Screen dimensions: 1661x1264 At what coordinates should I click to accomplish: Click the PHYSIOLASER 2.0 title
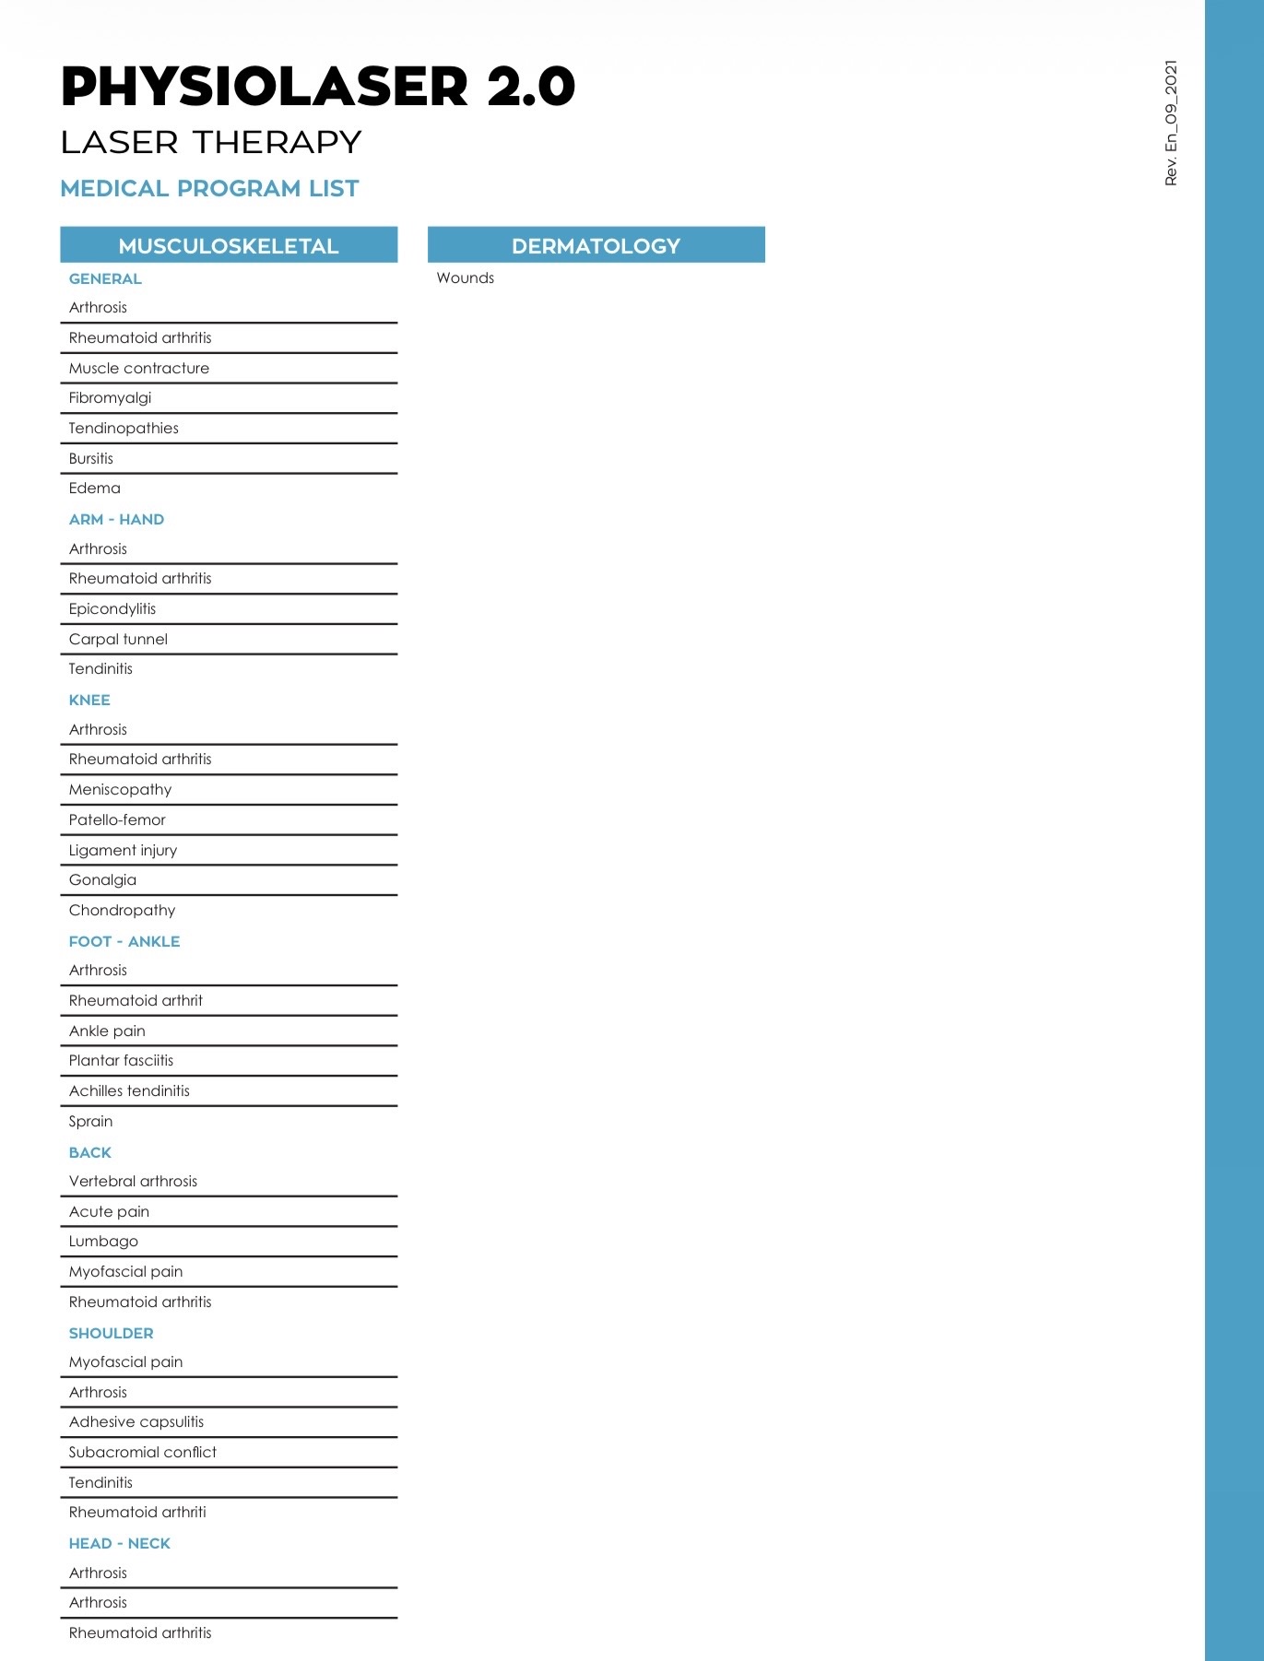click(317, 87)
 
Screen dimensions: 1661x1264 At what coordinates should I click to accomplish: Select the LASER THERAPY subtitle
click(210, 143)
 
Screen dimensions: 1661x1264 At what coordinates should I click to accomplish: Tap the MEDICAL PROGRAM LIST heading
click(209, 189)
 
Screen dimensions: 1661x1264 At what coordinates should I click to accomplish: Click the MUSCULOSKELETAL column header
click(229, 246)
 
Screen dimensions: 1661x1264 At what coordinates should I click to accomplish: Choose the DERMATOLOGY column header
click(596, 246)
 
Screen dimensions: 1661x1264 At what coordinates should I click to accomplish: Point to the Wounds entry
click(465, 278)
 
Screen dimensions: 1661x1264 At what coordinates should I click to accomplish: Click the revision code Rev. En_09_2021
click(1171, 124)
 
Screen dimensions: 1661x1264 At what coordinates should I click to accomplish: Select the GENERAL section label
click(105, 279)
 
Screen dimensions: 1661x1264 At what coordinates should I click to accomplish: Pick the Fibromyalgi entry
click(110, 398)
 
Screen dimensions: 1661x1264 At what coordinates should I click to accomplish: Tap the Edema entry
click(94, 489)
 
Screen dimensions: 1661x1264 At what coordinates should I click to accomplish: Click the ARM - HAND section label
click(116, 520)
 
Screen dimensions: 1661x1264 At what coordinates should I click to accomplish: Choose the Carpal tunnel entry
click(118, 640)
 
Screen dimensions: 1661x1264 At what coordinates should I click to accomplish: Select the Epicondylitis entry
click(112, 609)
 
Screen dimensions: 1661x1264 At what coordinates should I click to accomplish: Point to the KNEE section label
click(89, 701)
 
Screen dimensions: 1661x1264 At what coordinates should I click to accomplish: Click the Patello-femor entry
click(117, 820)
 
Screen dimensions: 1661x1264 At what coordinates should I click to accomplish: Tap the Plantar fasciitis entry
click(121, 1061)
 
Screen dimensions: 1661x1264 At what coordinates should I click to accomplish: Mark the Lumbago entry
click(103, 1242)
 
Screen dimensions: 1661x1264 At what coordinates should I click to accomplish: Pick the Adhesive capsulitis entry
click(136, 1422)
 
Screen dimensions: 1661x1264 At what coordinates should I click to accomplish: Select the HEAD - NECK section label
click(120, 1544)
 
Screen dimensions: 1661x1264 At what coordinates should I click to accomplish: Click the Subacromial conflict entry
click(143, 1453)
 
